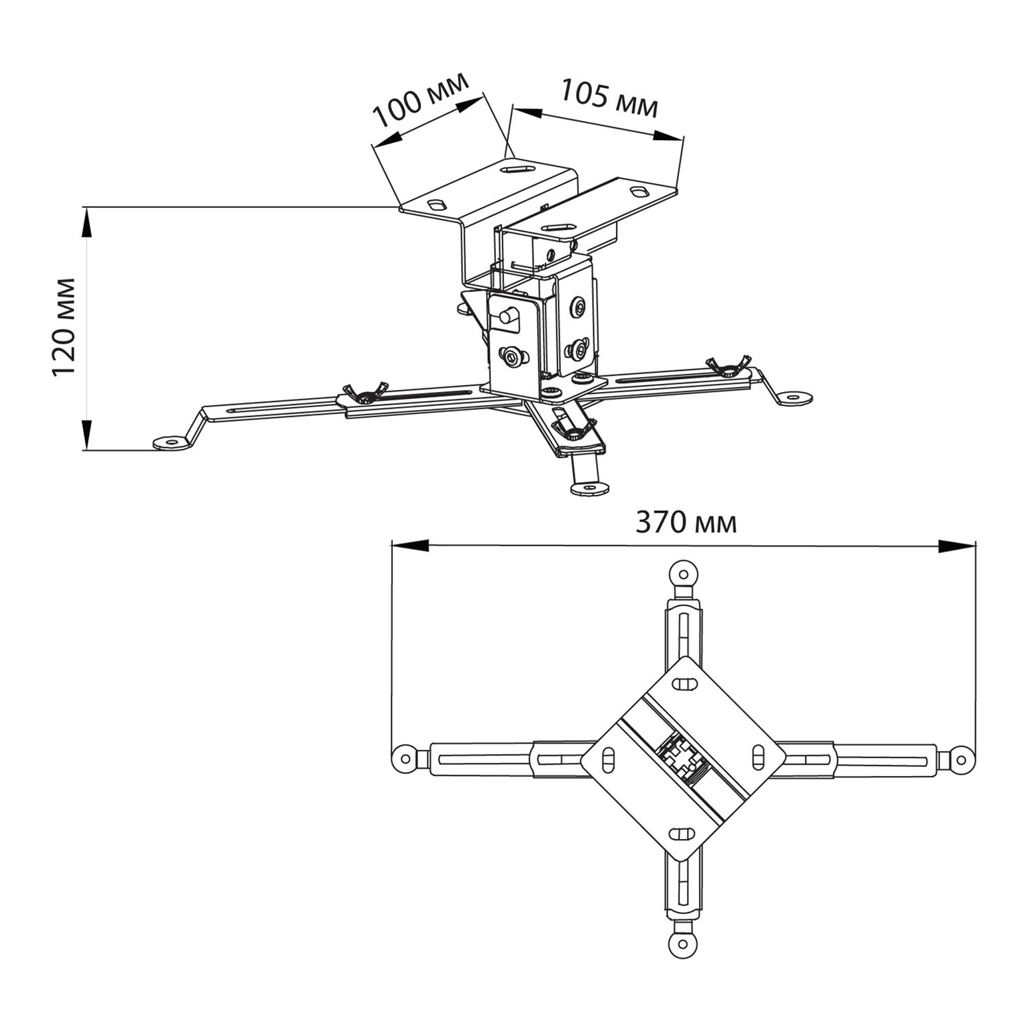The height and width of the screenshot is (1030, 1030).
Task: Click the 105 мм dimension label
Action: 609,98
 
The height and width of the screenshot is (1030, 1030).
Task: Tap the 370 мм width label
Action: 686,523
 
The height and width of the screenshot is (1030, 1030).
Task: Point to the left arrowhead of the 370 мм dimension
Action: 410,546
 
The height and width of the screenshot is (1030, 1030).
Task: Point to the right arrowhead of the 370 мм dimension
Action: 957,546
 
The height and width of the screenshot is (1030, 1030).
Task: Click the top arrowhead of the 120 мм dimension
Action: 87,225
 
